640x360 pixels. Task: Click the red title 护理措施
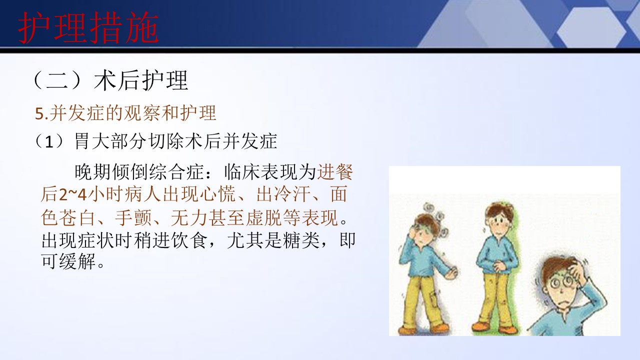tap(88, 27)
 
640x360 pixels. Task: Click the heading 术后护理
tap(141, 80)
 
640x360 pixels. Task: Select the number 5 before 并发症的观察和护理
tap(39, 114)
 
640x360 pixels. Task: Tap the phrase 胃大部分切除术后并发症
tap(175, 141)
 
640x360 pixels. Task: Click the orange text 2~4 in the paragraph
tap(73, 194)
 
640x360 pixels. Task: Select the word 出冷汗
tap(283, 194)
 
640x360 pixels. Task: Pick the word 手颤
tap(133, 218)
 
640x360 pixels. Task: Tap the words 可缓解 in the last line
tap(69, 261)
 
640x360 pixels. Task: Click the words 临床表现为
tap(270, 172)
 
